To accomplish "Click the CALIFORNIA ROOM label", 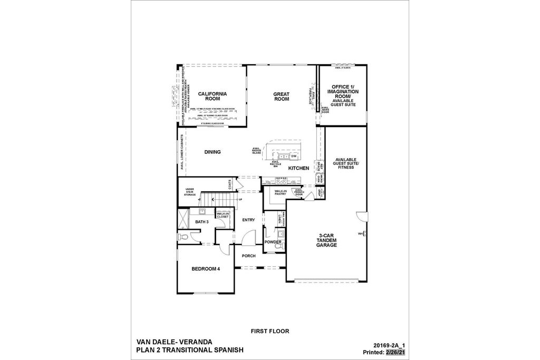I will coord(213,96).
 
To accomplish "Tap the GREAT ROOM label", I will coord(281,96).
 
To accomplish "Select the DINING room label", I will coord(212,152).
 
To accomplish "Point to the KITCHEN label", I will coord(298,168).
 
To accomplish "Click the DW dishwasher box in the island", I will coord(294,157).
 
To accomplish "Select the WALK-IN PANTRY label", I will coord(280,192).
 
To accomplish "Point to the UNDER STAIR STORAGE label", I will coord(190,192).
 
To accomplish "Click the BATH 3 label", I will coord(202,222).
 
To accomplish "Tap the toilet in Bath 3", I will coord(183,237).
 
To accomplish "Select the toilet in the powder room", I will coord(282,246).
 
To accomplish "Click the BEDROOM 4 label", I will coord(206,269).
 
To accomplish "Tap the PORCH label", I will coord(248,256).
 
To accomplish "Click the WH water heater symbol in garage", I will coord(362,233).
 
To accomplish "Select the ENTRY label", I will coord(248,220).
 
